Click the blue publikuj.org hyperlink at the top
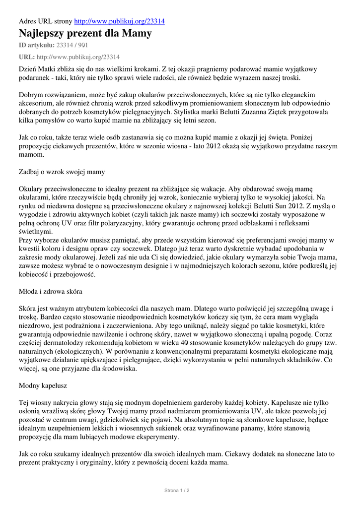click(119, 21)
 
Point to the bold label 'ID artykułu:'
click(37, 45)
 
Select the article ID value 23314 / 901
click(72, 45)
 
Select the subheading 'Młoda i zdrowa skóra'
click(51, 291)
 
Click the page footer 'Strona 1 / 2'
click(177, 490)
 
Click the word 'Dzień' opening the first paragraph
click(28, 69)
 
